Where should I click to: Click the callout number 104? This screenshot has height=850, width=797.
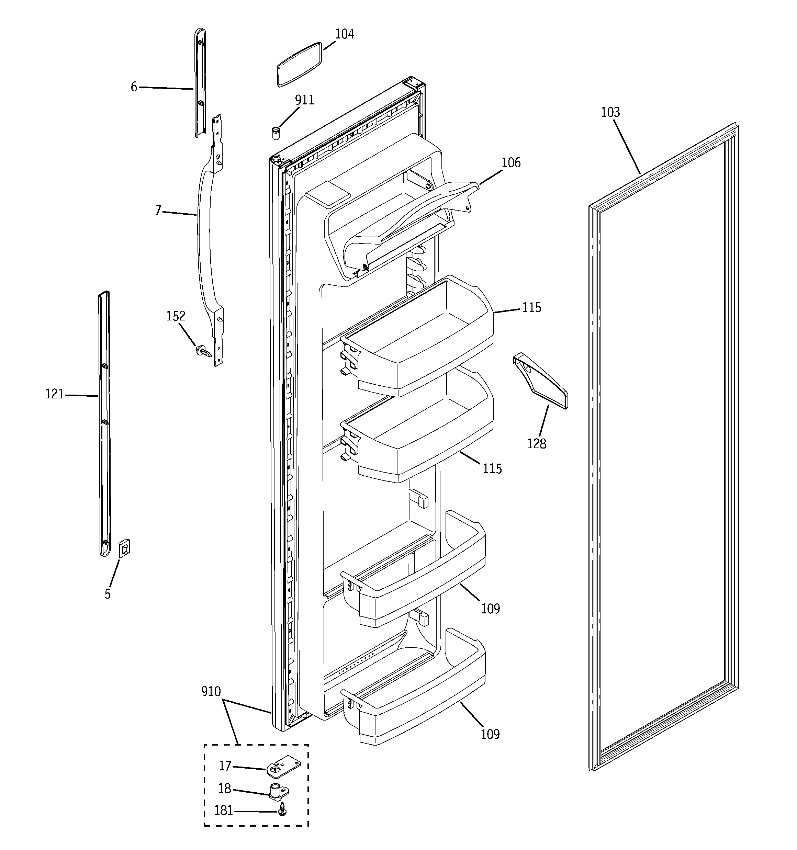(344, 34)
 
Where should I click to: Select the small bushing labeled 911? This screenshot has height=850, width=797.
(276, 133)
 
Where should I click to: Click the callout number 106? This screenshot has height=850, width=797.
(511, 163)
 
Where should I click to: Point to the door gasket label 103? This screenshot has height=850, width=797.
(610, 112)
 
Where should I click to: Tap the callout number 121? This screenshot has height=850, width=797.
(54, 394)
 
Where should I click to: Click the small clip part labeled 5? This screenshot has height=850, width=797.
(124, 548)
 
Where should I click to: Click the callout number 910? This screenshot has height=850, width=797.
(211, 692)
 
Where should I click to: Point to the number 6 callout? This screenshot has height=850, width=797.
(134, 87)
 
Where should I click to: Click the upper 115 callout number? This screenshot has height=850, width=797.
(531, 307)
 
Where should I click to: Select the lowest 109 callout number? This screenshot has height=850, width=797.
(490, 735)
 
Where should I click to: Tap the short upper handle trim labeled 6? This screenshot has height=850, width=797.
(200, 83)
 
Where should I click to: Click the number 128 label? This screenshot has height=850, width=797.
(537, 444)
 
